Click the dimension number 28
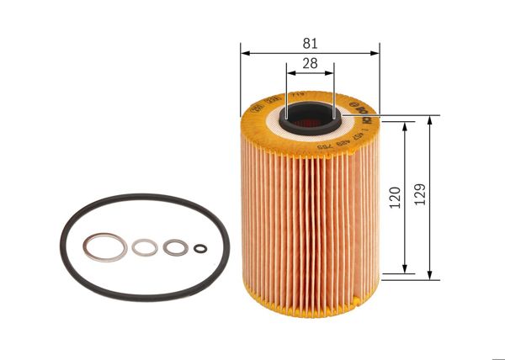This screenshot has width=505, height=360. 311,62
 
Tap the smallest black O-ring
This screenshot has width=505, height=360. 200,247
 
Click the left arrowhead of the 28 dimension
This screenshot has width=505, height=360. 290,72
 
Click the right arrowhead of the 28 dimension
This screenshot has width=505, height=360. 331,72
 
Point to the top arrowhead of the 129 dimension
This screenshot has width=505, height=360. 430,117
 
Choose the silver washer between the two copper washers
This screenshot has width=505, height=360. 144,248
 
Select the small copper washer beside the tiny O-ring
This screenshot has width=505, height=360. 174,247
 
